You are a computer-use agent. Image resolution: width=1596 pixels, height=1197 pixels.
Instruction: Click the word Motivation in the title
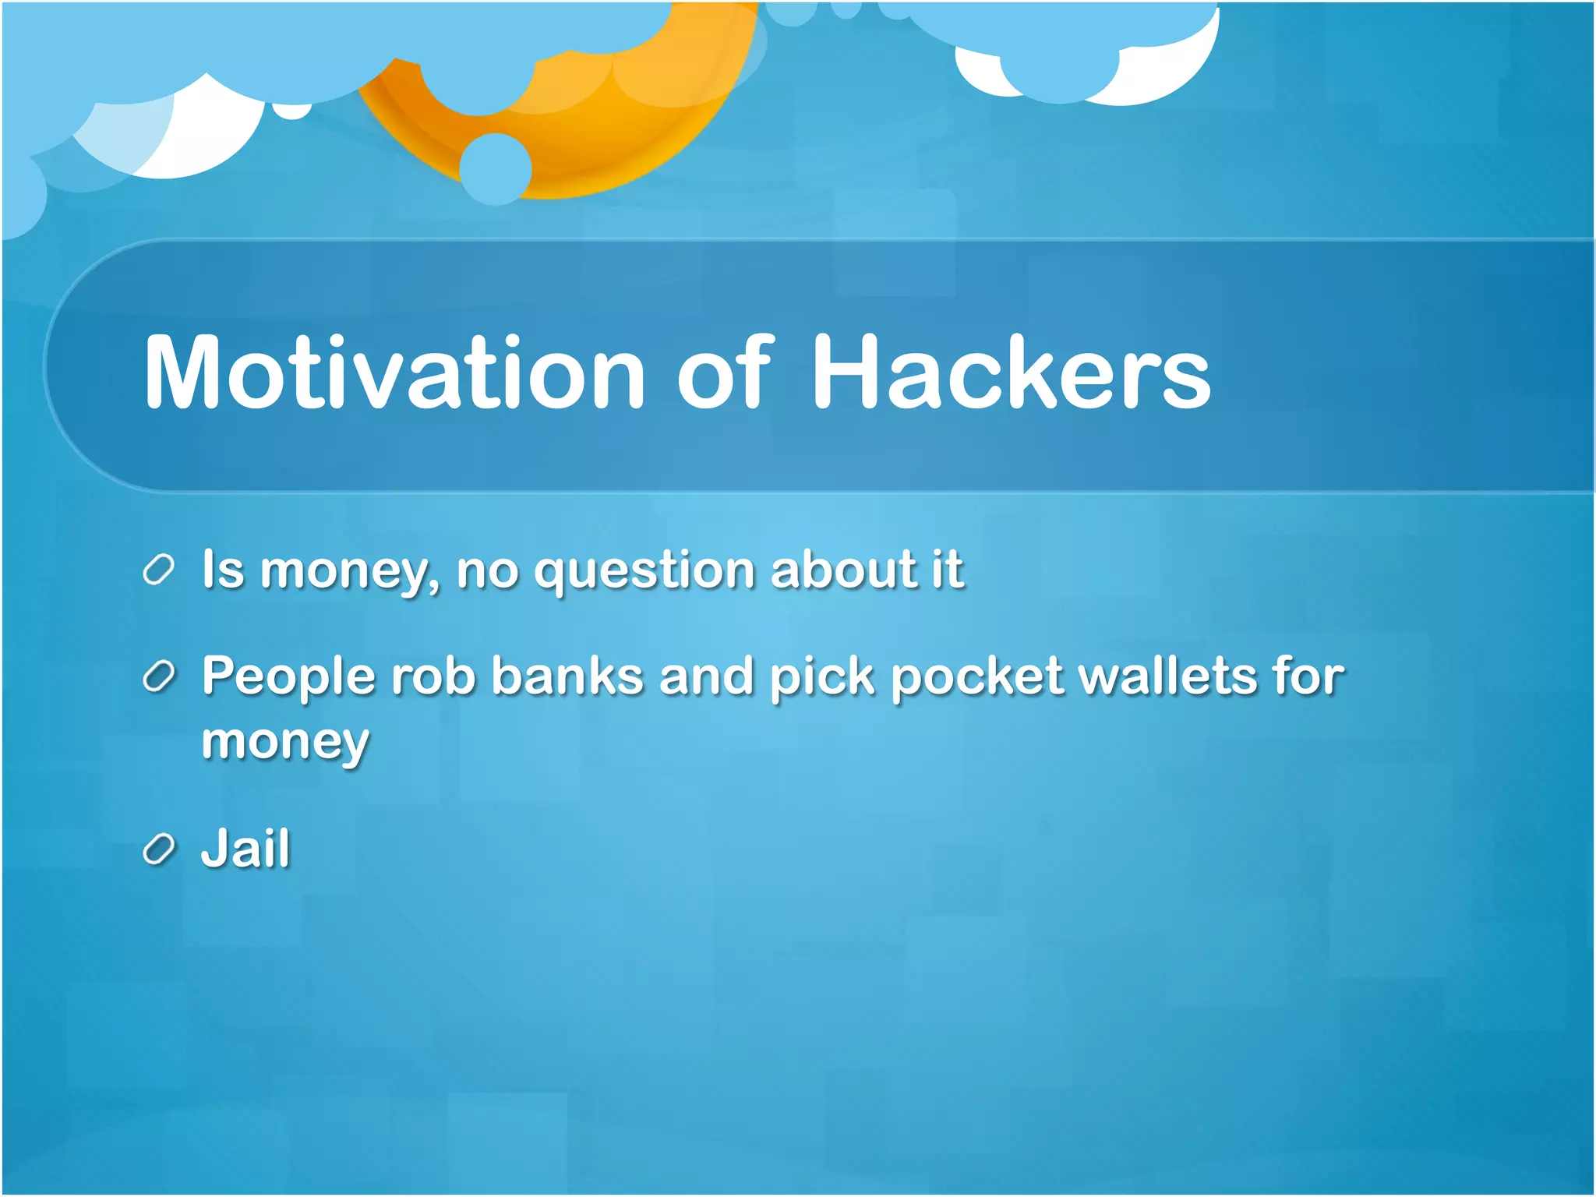click(394, 372)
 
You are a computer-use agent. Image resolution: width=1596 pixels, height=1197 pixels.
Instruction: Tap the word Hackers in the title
click(1011, 372)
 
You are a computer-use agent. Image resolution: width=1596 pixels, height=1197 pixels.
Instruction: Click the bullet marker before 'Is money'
click(158, 570)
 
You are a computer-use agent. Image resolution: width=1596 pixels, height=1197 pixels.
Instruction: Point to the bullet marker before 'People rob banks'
click(158, 676)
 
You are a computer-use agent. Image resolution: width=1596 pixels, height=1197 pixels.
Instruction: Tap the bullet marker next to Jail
click(158, 849)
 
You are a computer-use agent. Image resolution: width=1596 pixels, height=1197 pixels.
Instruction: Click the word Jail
click(245, 848)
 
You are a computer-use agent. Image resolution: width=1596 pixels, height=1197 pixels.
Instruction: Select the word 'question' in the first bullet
click(644, 570)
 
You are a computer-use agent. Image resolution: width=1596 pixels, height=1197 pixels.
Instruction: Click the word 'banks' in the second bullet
click(567, 675)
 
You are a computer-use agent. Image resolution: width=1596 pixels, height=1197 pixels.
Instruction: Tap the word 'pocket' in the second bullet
click(976, 675)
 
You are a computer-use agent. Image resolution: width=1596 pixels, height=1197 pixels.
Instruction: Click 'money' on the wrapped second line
click(284, 742)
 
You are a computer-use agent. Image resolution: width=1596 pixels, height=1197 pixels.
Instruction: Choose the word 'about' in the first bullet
click(842, 569)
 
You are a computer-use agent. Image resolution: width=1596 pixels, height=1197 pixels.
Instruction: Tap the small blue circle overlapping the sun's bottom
click(495, 169)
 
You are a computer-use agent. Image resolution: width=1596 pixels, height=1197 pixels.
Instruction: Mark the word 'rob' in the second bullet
click(433, 675)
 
